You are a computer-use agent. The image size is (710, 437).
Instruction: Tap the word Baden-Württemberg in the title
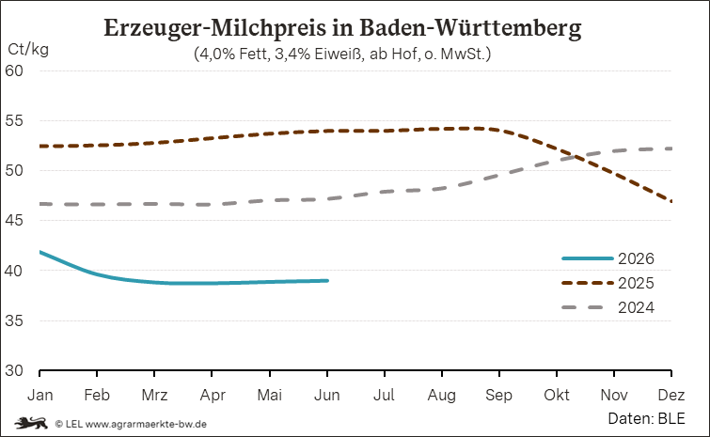(x=470, y=28)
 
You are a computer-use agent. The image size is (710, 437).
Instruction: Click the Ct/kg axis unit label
(x=28, y=49)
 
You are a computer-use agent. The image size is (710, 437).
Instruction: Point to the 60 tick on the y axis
(x=14, y=70)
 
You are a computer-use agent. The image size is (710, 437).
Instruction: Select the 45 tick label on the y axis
(x=14, y=220)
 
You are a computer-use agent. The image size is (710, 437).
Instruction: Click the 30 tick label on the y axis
(x=14, y=370)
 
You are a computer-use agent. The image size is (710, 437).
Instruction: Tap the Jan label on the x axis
(x=39, y=395)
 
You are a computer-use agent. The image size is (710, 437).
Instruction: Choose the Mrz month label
(x=154, y=395)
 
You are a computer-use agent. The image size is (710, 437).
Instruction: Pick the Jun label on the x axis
(x=327, y=395)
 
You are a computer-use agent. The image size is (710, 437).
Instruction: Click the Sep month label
(x=499, y=395)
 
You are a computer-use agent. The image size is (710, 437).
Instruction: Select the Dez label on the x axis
(x=671, y=395)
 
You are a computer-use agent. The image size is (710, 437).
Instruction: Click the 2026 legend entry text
(x=637, y=258)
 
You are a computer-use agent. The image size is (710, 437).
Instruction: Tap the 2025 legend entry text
(x=637, y=283)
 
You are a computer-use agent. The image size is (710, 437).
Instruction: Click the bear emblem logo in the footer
(x=31, y=423)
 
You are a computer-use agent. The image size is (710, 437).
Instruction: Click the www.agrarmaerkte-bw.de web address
(x=146, y=425)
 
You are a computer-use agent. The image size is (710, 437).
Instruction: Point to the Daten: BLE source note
(x=646, y=418)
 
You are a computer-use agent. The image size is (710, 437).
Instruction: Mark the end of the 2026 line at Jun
(x=327, y=280)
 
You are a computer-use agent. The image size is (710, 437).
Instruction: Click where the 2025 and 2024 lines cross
(x=576, y=158)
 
